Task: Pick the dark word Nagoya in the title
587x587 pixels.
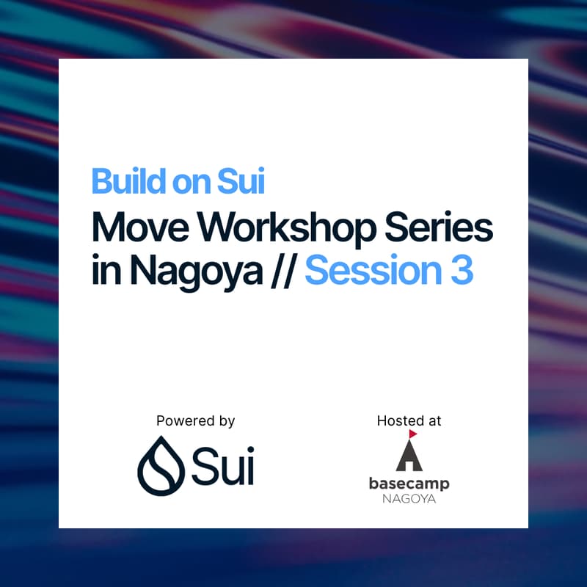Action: [196, 272]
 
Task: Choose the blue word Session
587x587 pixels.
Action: [368, 271]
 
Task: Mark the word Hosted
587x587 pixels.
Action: [398, 421]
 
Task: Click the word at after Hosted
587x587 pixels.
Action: [434, 421]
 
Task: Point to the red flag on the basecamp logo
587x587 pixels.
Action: [412, 434]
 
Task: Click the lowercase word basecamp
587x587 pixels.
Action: [409, 484]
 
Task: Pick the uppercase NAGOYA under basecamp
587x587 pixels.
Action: [409, 499]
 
